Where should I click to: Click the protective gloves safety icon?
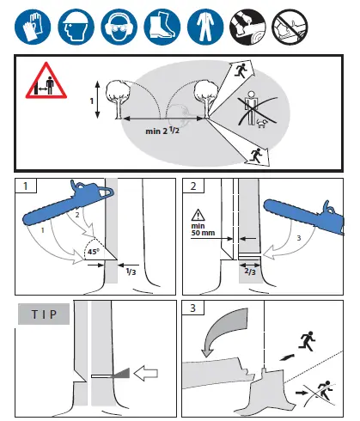33,27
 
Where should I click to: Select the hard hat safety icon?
76,27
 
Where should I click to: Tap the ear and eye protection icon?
119,27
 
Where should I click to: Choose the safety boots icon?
162,27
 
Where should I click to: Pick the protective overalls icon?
205,27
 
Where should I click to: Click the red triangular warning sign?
46,81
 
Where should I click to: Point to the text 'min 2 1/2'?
162,131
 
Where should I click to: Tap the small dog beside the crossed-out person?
261,123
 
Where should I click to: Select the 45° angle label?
94,252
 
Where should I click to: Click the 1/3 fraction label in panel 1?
131,271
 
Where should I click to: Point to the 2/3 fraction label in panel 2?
250,271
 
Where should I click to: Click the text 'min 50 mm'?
203,229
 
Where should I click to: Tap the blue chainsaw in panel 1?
68,203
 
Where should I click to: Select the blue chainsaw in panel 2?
303,217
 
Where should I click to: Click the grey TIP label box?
44,314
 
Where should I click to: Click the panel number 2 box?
193,186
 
